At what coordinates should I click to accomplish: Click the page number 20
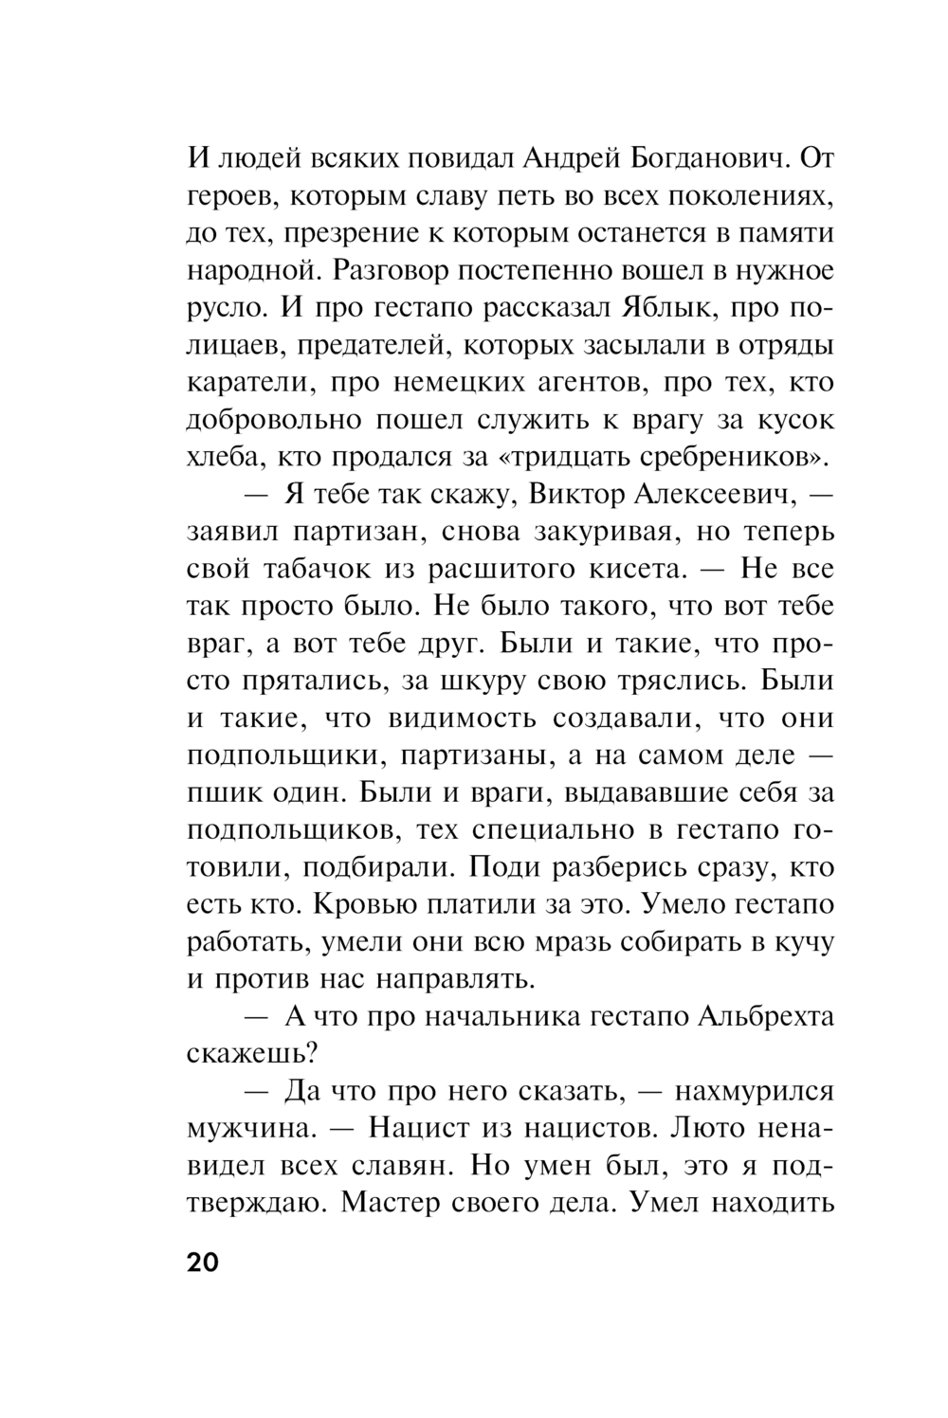[x=203, y=1263]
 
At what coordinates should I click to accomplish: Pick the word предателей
[x=375, y=346]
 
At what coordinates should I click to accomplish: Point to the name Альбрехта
[x=766, y=1016]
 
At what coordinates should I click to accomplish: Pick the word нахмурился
[x=754, y=1091]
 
